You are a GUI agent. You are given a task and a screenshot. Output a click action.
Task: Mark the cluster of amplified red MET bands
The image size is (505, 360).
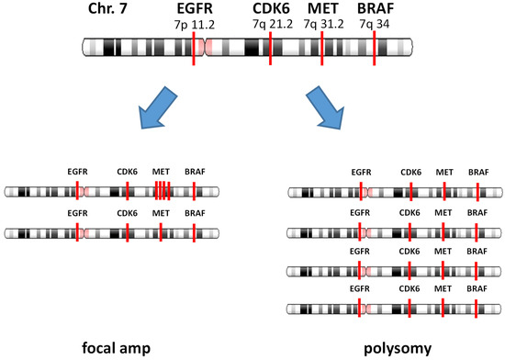coord(163,190)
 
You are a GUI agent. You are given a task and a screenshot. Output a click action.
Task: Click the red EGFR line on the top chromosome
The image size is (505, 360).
coord(195,50)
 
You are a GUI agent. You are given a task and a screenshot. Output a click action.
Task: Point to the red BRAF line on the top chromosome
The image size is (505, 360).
coord(375,50)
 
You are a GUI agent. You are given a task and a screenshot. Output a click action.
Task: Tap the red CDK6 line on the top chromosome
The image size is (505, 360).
coord(271,50)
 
